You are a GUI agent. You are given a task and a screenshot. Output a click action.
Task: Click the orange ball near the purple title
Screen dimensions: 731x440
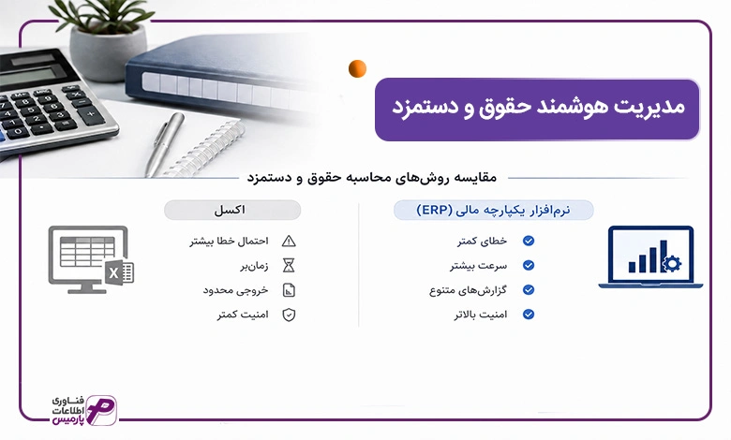point(357,68)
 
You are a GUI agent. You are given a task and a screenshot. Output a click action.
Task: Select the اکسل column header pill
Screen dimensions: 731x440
point(232,210)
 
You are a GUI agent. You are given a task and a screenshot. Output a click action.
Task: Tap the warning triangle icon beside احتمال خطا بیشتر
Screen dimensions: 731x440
point(289,241)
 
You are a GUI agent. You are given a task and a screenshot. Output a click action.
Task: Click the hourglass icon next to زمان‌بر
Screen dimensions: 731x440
point(289,265)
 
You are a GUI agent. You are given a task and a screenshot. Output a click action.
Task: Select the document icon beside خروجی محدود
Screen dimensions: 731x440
point(289,290)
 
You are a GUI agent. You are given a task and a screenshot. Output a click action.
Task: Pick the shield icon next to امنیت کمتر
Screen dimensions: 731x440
point(289,315)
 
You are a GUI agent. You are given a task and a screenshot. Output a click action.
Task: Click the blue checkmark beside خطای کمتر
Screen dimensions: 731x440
point(529,241)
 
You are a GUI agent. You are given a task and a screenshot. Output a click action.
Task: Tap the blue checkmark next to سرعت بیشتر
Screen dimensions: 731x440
point(529,265)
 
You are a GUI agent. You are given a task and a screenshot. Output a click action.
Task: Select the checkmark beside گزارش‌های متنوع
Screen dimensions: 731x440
point(529,289)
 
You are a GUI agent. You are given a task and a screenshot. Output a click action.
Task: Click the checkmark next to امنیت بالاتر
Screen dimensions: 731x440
point(529,315)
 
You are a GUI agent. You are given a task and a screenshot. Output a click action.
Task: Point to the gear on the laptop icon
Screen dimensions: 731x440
point(671,264)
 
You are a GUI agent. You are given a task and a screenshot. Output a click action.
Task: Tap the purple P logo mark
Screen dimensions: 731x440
point(101,410)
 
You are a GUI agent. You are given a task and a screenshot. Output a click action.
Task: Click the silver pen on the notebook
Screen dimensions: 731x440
point(164,143)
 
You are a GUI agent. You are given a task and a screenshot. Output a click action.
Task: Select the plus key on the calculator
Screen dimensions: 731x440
point(91,113)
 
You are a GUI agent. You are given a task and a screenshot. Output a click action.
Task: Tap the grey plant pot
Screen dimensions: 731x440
point(108,52)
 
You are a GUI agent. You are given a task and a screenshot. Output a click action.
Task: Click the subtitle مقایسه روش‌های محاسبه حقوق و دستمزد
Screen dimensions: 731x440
point(371,177)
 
